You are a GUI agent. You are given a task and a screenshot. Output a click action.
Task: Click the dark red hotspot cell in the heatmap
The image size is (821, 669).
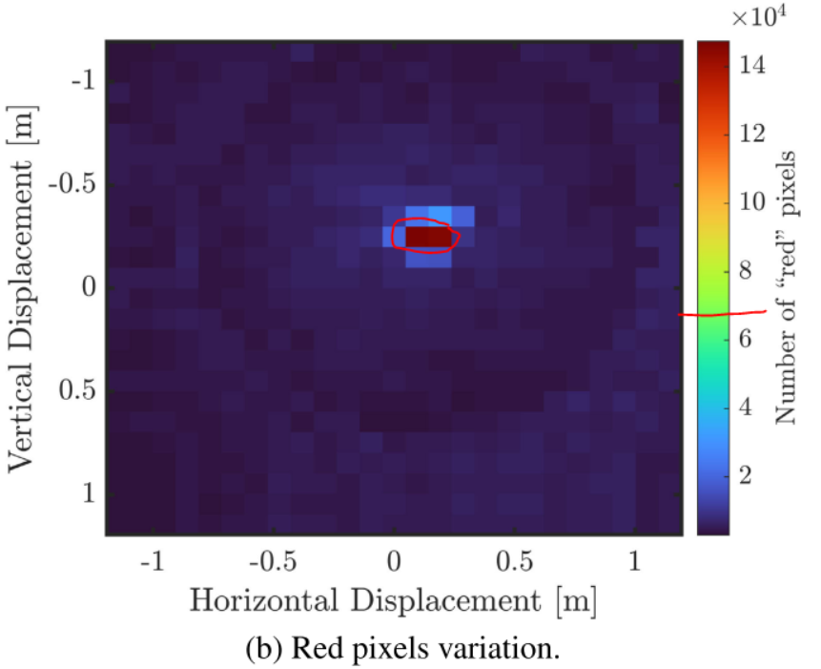(x=428, y=235)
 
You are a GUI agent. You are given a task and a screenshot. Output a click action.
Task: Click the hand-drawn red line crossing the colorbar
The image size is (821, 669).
(x=725, y=312)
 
